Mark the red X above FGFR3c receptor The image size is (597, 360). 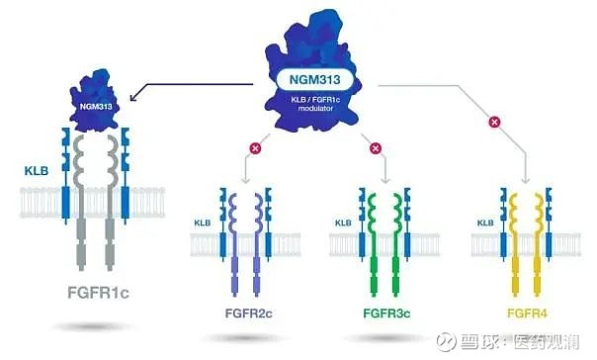375,149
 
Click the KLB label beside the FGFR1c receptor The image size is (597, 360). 37,171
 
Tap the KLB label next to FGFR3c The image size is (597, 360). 343,224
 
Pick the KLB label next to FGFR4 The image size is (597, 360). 484,224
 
